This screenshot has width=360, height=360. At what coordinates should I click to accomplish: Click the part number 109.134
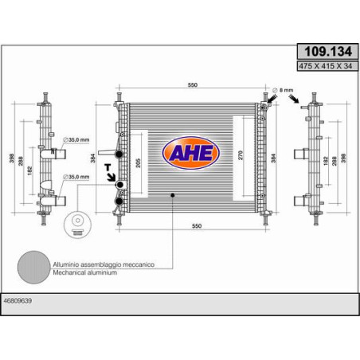(328, 51)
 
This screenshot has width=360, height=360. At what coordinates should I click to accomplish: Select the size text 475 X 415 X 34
(328, 66)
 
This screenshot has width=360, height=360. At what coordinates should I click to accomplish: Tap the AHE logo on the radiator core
(190, 153)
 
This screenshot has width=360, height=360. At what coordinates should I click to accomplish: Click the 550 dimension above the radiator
(193, 84)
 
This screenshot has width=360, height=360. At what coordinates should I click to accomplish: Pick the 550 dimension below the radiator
(197, 226)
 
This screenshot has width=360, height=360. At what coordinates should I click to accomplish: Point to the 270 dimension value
(241, 155)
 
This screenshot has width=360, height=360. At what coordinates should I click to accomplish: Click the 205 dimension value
(138, 162)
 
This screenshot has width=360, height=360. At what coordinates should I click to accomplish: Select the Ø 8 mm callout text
(283, 90)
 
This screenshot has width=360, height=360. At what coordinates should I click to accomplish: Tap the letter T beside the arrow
(108, 167)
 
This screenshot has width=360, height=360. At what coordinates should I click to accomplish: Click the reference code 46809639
(18, 300)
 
